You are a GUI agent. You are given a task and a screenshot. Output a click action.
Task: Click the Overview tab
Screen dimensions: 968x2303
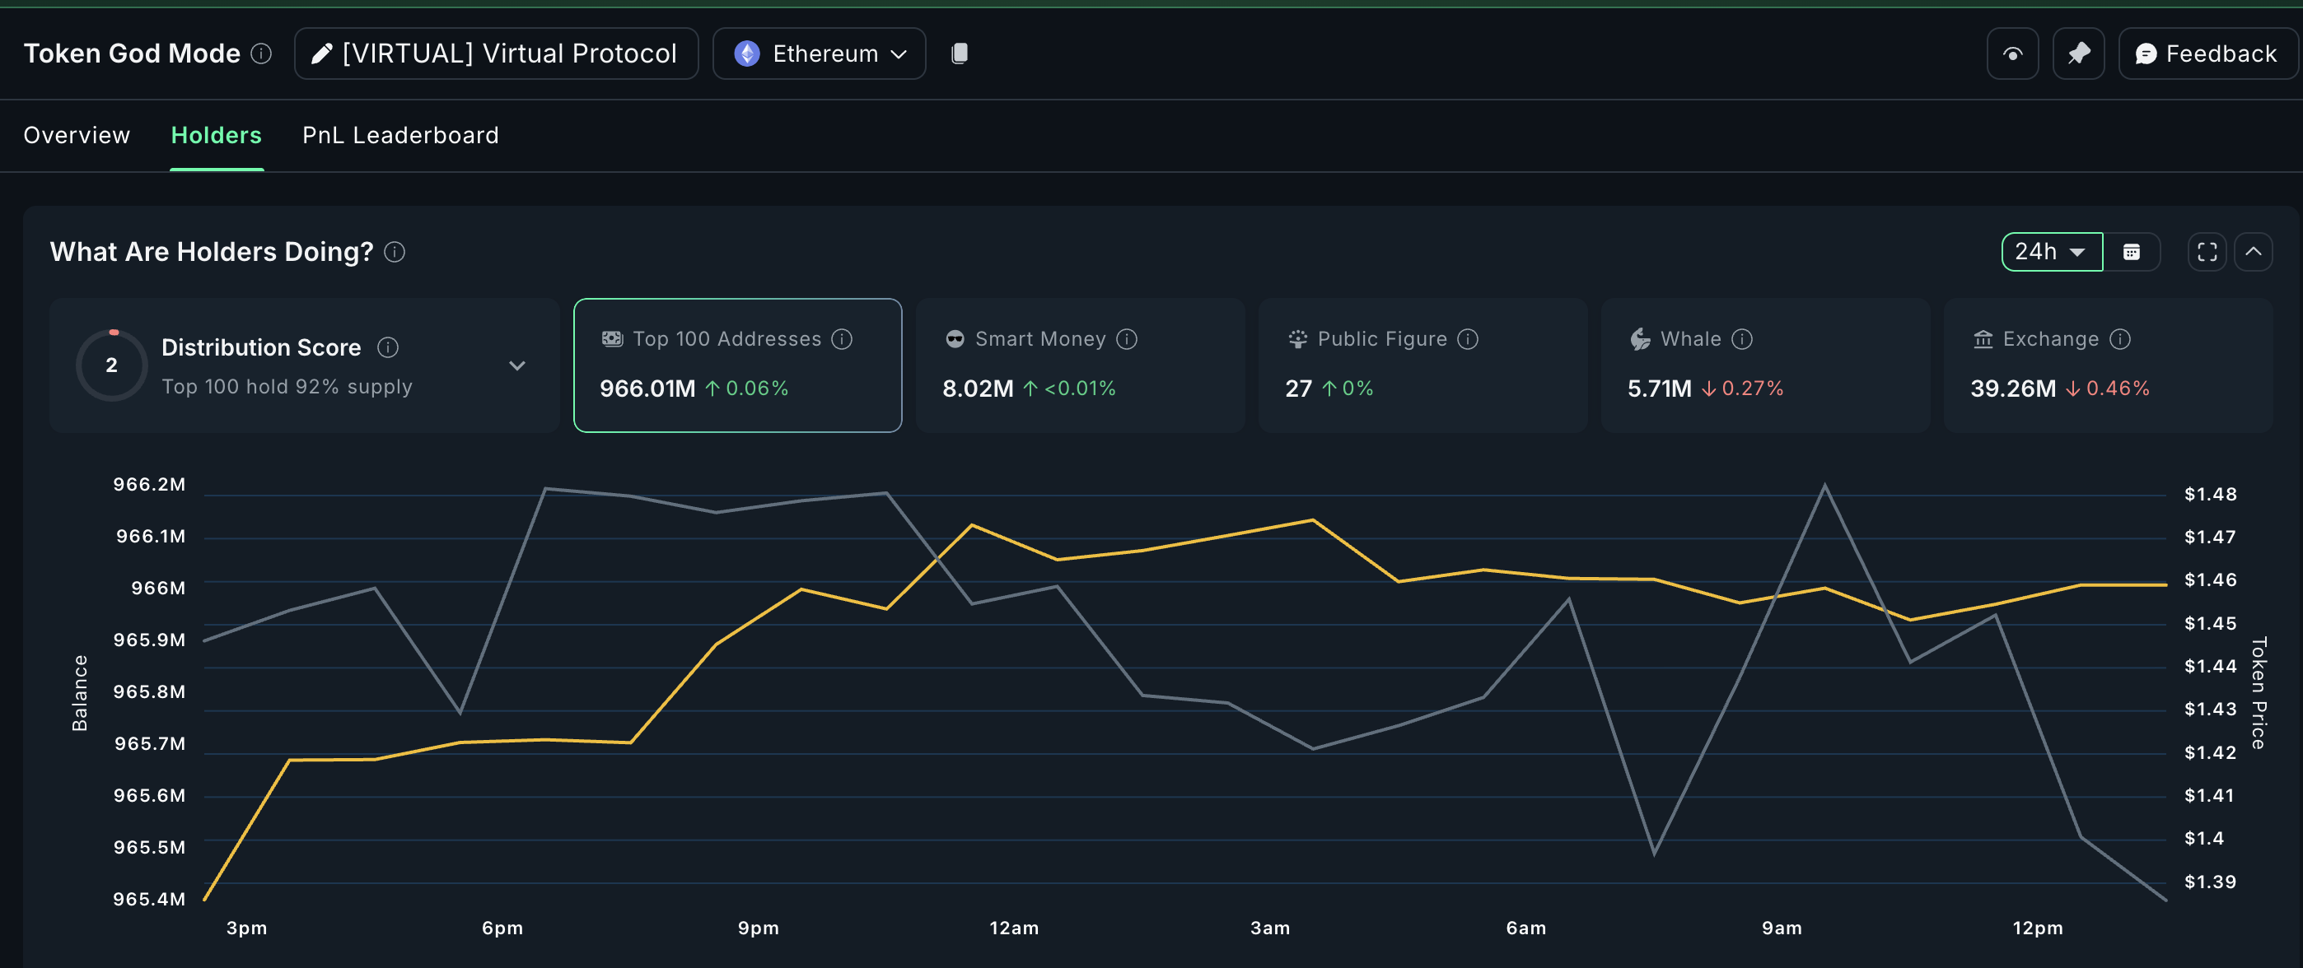[x=77, y=135]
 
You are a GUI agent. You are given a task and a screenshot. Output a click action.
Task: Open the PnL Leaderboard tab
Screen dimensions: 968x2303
[x=399, y=135]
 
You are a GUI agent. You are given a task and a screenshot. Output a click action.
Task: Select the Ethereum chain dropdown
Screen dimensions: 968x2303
[x=819, y=54]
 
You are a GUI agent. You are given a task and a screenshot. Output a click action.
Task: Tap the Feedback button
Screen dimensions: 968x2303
[x=2206, y=54]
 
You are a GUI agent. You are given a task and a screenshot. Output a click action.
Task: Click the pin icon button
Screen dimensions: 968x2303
[x=2079, y=54]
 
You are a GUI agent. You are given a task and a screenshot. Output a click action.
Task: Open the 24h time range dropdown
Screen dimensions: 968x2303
[x=2050, y=252]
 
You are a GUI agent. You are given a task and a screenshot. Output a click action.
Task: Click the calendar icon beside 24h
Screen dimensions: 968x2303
[x=2132, y=252]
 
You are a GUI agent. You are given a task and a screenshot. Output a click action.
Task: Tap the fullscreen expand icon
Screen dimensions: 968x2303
[x=2207, y=252]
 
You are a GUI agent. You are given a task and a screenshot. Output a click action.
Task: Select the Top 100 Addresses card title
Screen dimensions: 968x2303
[x=726, y=339]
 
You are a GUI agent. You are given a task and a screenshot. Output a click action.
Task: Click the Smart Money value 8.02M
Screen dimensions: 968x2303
[x=977, y=389]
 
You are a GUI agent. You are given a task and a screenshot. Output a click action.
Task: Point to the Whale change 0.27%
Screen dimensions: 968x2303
[x=1751, y=389]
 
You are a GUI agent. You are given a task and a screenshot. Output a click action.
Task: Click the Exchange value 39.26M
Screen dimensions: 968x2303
[x=2012, y=389]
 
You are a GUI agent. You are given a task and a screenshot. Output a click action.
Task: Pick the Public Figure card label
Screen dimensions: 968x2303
[x=1381, y=339]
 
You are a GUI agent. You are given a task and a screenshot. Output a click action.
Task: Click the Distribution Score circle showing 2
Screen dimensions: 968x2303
[x=112, y=365]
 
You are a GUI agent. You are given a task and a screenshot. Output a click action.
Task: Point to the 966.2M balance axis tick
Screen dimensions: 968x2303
[x=149, y=485]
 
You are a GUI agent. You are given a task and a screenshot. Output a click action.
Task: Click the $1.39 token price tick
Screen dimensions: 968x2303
[x=2210, y=882]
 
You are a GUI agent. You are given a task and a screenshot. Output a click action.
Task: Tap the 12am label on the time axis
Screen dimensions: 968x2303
[x=1014, y=928]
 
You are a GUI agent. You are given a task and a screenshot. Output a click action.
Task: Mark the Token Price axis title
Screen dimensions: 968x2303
[x=2259, y=693]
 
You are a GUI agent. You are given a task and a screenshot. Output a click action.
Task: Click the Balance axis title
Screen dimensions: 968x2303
[x=80, y=693]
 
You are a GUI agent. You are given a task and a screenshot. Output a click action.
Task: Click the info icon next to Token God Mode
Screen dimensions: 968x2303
[x=261, y=54]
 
